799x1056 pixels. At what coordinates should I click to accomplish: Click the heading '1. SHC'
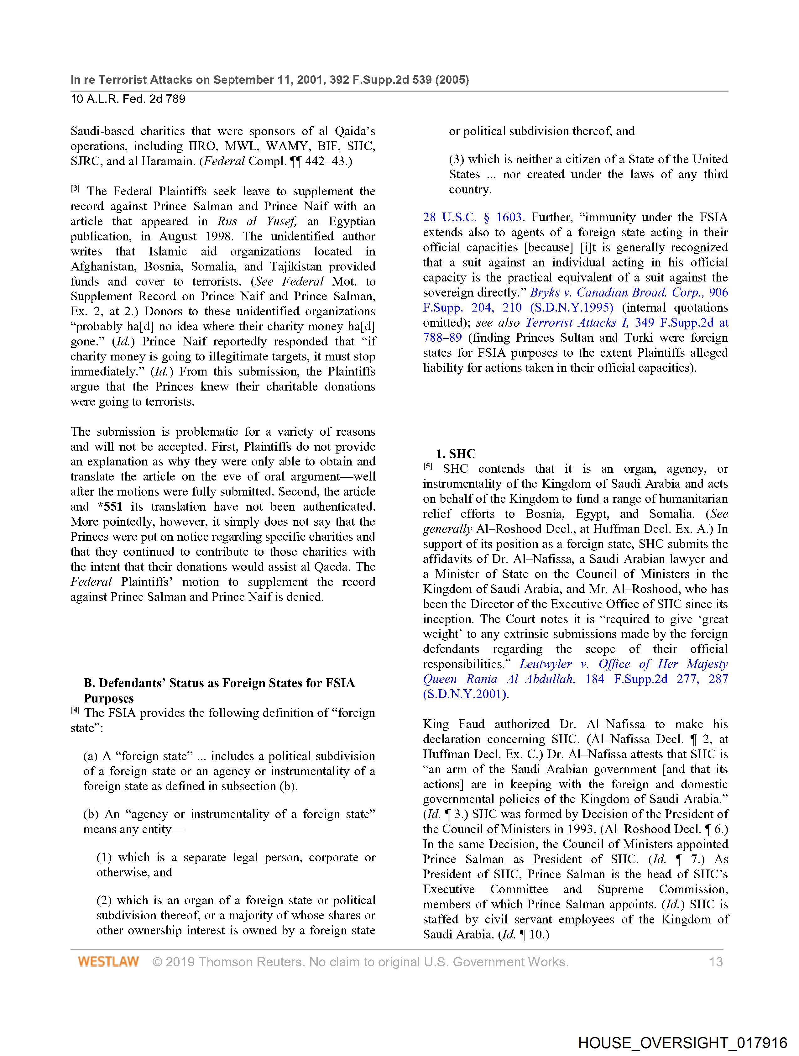[456, 454]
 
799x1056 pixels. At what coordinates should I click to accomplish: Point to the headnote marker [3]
[76, 189]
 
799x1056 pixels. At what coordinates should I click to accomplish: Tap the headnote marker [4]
[76, 710]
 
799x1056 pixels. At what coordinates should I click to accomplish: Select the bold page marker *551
[110, 507]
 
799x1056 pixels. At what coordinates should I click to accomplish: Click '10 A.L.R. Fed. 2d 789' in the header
[128, 99]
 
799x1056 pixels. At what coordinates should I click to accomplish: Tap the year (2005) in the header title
[452, 80]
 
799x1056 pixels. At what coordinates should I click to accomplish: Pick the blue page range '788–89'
[442, 338]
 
